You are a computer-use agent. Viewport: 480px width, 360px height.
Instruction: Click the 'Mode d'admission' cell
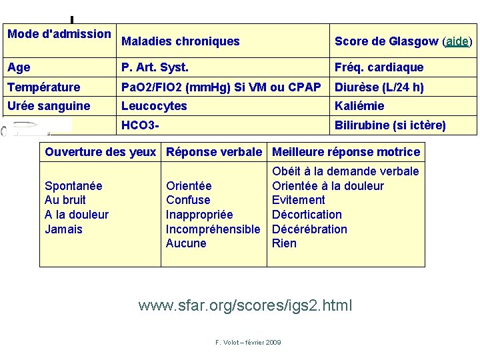(x=59, y=34)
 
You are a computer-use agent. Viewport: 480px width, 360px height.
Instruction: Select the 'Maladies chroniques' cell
(x=180, y=41)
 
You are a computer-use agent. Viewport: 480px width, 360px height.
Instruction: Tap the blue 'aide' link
(x=457, y=41)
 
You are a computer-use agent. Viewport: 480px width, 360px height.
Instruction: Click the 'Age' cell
(x=19, y=67)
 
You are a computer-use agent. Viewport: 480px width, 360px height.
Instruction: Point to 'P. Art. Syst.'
(x=155, y=67)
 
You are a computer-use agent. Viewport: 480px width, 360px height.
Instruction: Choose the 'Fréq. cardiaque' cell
(x=379, y=67)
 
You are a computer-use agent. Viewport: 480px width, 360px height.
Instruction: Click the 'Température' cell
(x=43, y=87)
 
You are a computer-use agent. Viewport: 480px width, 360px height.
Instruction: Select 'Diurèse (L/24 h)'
(x=379, y=87)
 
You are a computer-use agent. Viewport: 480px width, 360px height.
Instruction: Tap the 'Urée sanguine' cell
(x=49, y=106)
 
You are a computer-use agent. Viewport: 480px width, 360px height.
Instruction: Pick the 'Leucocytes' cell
(x=154, y=106)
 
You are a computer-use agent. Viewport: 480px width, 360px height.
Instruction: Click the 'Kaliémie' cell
(x=359, y=106)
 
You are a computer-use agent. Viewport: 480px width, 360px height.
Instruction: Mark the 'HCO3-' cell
(x=140, y=125)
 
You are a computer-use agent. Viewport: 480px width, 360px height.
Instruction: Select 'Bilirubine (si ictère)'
(x=390, y=125)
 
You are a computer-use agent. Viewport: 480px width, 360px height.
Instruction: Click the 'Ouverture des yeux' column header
(x=100, y=152)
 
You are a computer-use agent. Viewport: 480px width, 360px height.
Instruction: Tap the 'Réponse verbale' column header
(x=214, y=152)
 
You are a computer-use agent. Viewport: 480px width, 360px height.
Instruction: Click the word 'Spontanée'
(x=73, y=186)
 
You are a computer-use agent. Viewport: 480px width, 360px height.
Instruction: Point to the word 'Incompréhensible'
(x=213, y=229)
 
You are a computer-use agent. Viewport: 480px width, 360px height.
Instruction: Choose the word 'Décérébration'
(x=309, y=229)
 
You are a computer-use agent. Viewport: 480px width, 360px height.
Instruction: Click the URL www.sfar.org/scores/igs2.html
(x=245, y=306)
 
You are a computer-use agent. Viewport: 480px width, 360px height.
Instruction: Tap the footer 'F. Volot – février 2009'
(x=248, y=342)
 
